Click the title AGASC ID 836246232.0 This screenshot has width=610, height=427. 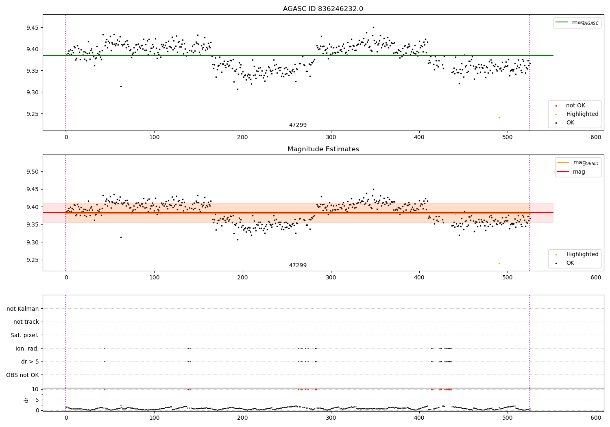323,9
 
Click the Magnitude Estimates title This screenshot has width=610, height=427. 323,149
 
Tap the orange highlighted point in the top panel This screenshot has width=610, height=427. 499,118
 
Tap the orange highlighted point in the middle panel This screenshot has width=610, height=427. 499,263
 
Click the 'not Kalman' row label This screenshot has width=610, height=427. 23,309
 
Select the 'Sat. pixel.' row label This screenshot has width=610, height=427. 25,335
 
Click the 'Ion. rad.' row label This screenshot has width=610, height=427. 27,349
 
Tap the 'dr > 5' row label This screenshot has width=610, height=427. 30,362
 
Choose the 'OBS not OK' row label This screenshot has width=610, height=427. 23,375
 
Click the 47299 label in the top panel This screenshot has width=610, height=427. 298,125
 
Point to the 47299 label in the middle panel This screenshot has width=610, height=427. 298,266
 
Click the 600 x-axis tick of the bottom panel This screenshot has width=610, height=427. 596,418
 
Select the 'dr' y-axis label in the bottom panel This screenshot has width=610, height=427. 26,400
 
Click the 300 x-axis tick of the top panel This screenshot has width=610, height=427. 331,137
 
